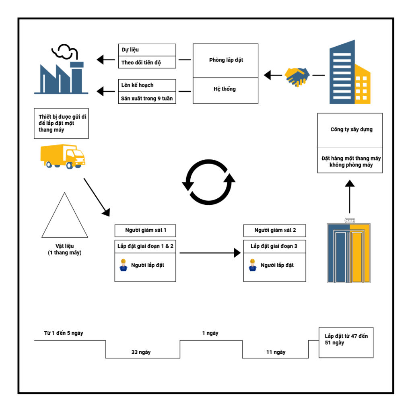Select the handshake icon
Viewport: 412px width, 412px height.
[x=297, y=76]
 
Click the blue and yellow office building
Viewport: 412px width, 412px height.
[x=349, y=73]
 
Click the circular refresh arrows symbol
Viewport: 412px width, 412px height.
[x=208, y=182]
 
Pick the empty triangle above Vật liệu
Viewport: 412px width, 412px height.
[x=64, y=217]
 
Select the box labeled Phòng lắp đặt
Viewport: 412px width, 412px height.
[x=226, y=60]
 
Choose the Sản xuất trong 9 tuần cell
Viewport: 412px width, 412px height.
[x=147, y=98]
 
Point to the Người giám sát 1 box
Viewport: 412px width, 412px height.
[x=145, y=231]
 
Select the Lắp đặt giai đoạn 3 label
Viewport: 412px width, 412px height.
[x=274, y=246]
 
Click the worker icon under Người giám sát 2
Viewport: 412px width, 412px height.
[x=253, y=265]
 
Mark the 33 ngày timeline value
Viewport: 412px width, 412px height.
[x=141, y=352]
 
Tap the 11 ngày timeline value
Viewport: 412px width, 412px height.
[x=276, y=352]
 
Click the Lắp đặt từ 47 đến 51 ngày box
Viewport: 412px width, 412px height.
[x=346, y=342]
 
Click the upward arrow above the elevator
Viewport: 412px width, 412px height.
[x=350, y=197]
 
